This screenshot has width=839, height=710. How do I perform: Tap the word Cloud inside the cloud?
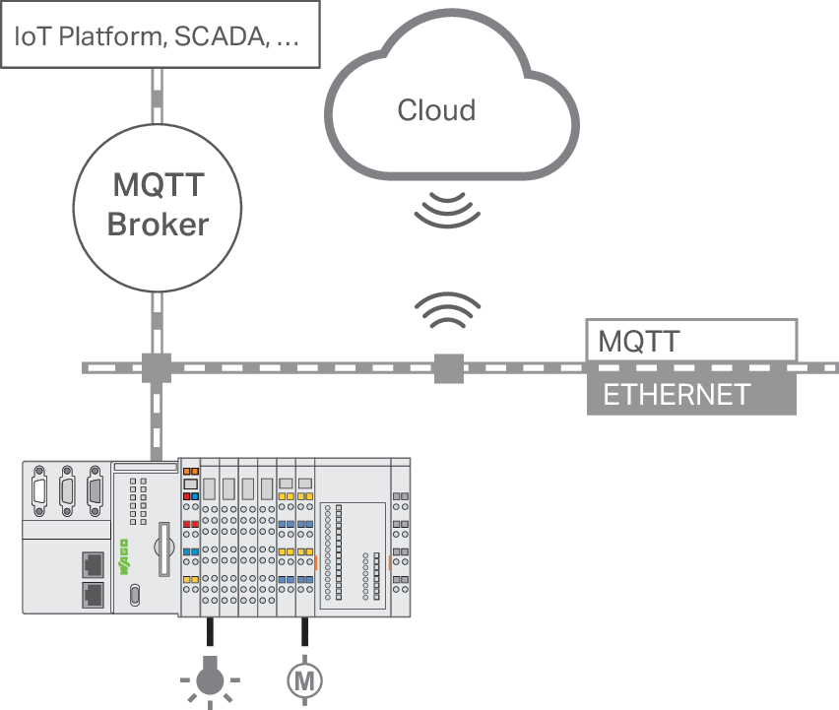click(x=436, y=110)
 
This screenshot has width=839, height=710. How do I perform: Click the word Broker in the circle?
click(x=158, y=225)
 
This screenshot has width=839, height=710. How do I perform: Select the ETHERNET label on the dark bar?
click(x=677, y=395)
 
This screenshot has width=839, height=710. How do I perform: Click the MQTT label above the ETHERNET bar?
click(x=639, y=342)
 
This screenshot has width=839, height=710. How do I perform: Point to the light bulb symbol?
click(x=210, y=680)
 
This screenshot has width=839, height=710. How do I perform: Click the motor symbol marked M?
click(x=304, y=680)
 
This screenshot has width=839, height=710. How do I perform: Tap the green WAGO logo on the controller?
click(x=124, y=557)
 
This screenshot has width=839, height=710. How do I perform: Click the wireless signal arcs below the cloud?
click(x=447, y=211)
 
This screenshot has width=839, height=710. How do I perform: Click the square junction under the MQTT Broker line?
click(x=157, y=368)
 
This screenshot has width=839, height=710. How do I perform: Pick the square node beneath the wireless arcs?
click(x=448, y=368)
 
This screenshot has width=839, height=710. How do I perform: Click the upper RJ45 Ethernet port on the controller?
click(x=94, y=564)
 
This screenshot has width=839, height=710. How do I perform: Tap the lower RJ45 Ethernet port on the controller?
click(x=94, y=595)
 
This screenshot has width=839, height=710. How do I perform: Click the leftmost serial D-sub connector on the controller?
click(x=39, y=490)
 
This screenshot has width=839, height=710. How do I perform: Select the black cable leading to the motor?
click(x=304, y=631)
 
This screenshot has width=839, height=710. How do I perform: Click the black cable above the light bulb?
click(x=211, y=631)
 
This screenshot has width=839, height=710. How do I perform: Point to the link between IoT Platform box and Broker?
click(x=157, y=97)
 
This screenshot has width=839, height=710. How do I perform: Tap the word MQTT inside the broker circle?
click(x=159, y=185)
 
